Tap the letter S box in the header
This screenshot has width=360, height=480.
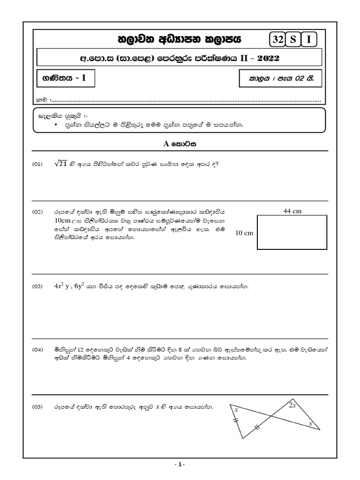293,40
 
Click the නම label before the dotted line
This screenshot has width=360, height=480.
41,100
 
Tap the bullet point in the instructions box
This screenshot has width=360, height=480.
56,125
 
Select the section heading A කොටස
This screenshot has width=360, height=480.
180,144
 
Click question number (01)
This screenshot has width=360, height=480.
37,164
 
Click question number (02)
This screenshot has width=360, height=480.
37,212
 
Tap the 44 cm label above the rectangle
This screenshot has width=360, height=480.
292,211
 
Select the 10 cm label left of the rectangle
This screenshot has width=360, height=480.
245,233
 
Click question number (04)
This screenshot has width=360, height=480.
37,350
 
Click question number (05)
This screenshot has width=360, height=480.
37,407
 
